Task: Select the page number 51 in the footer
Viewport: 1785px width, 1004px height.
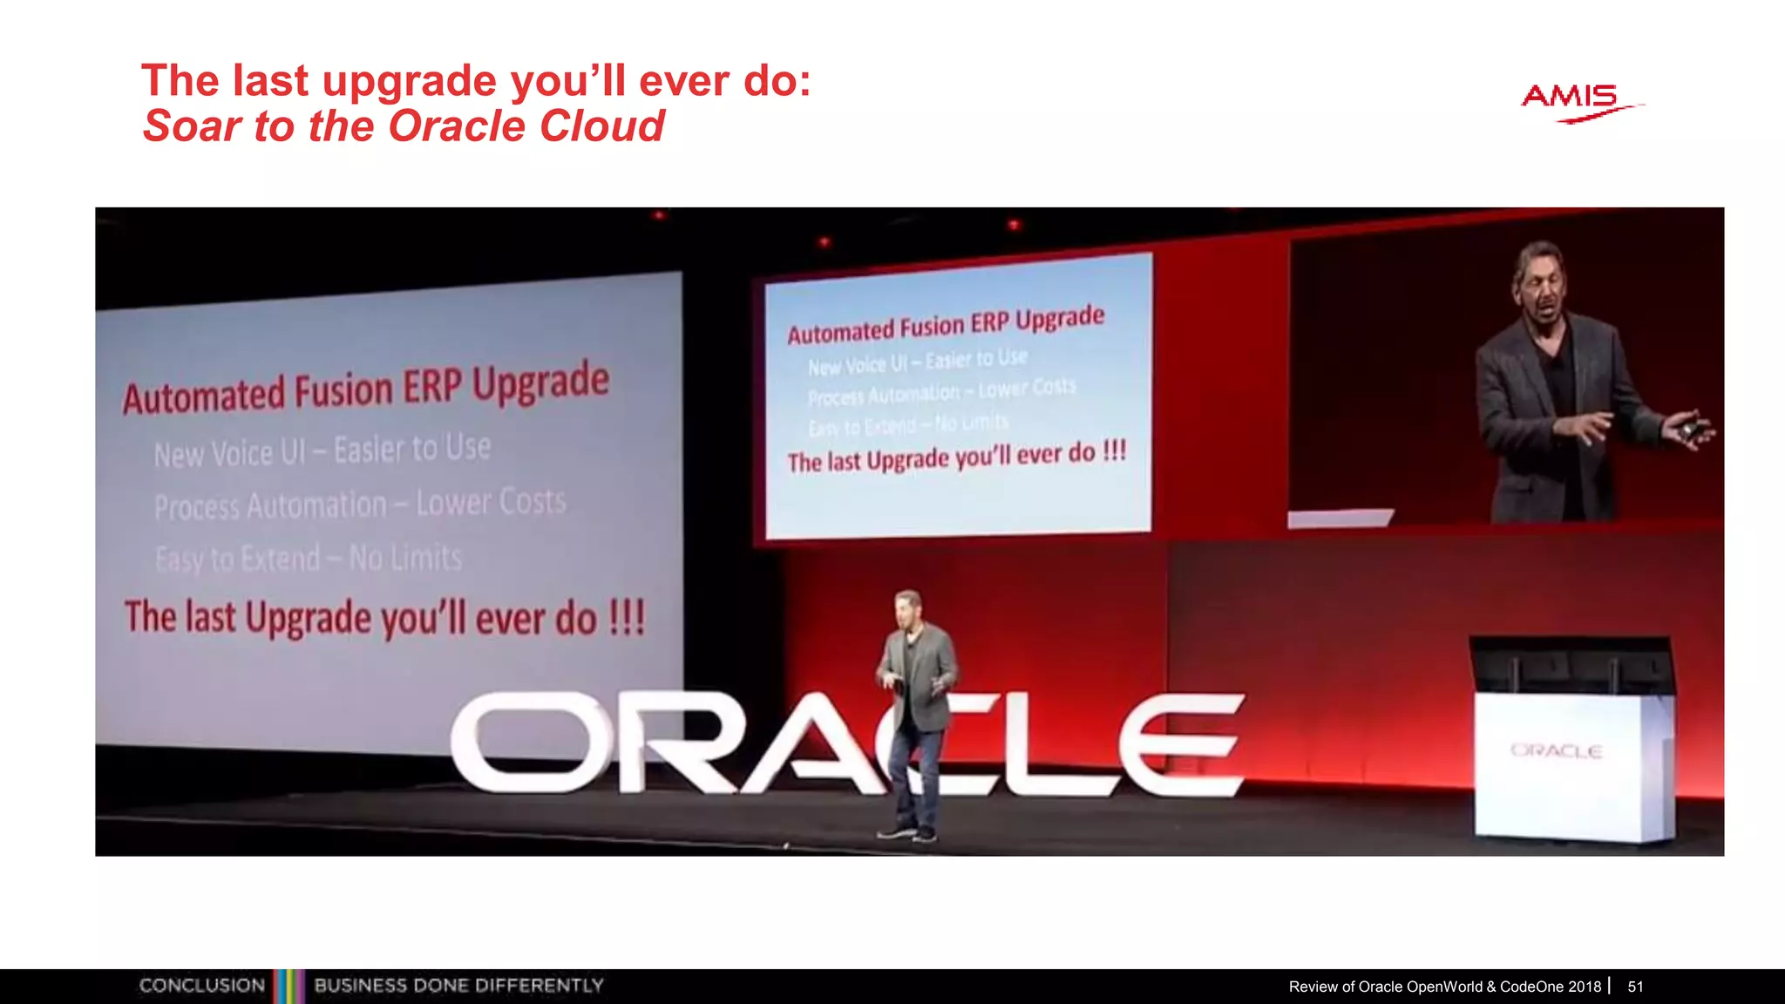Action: point(1635,987)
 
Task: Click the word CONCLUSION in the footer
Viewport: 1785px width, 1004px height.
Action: point(202,986)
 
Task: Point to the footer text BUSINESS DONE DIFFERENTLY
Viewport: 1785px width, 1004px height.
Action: point(458,986)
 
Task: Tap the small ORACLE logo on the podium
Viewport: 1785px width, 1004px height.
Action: point(1556,750)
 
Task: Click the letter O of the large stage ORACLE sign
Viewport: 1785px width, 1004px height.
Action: point(520,743)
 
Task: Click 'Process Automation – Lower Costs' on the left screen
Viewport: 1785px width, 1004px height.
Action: point(359,504)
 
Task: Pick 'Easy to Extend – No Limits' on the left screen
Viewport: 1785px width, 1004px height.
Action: point(308,558)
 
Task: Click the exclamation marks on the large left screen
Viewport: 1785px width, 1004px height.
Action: point(626,617)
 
